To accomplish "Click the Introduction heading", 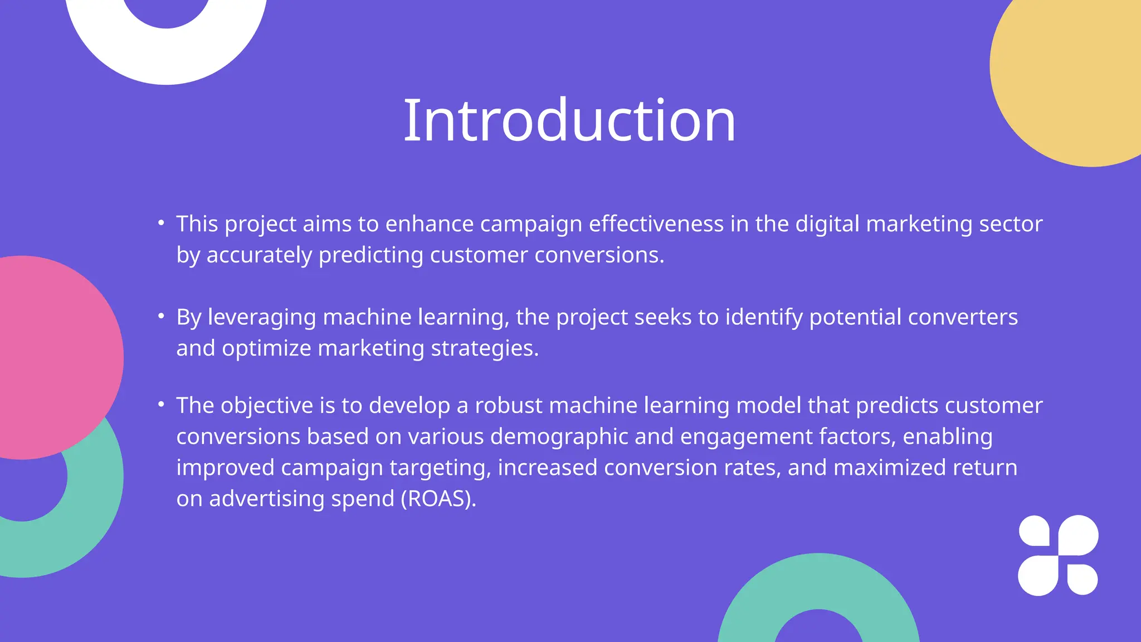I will (569, 120).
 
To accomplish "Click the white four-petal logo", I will (1058, 555).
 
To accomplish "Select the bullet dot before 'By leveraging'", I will (161, 317).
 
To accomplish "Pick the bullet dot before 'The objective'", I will (161, 405).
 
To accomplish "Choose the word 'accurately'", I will (259, 255).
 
